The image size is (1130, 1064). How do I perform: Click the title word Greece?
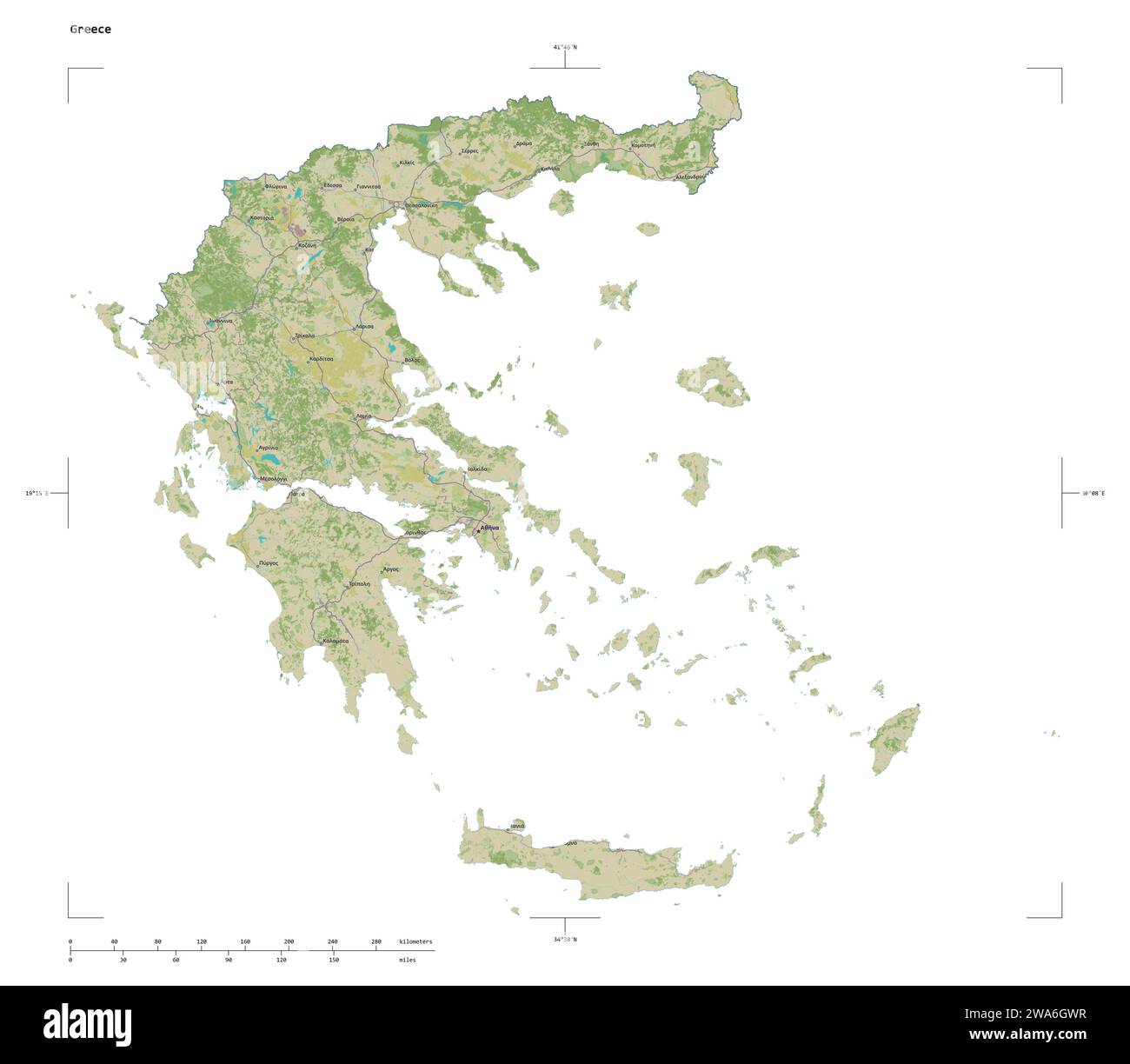[90, 30]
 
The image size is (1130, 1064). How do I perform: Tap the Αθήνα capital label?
[490, 528]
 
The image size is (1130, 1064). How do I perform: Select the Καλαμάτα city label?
[336, 641]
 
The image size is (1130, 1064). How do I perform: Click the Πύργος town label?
[268, 563]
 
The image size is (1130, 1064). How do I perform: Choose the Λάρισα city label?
[364, 327]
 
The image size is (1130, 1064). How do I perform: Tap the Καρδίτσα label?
[322, 358]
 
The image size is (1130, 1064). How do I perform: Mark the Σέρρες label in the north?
[470, 150]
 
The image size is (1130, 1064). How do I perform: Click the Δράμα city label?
[523, 143]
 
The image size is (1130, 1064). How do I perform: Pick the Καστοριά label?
[262, 217]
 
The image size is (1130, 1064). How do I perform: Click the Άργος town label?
[391, 569]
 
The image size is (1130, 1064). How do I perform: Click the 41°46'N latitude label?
[565, 47]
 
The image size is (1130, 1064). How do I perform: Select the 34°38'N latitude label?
[565, 939]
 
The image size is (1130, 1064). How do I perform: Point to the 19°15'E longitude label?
[37, 493]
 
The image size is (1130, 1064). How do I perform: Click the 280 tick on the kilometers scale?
[376, 941]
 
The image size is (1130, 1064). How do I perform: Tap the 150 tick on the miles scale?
[334, 960]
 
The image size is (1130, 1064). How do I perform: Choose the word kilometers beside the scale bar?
[415, 941]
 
